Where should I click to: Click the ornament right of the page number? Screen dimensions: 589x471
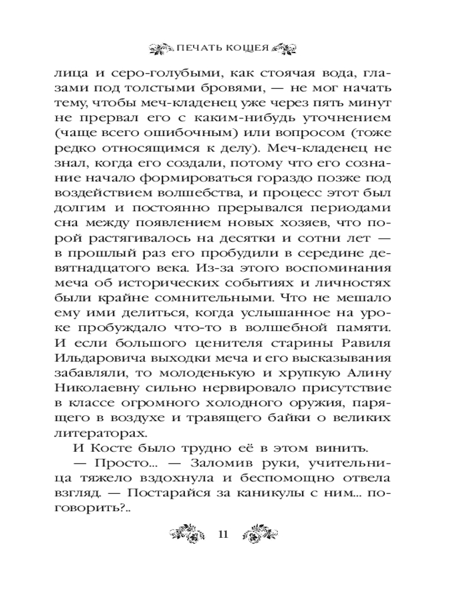click(x=260, y=534)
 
